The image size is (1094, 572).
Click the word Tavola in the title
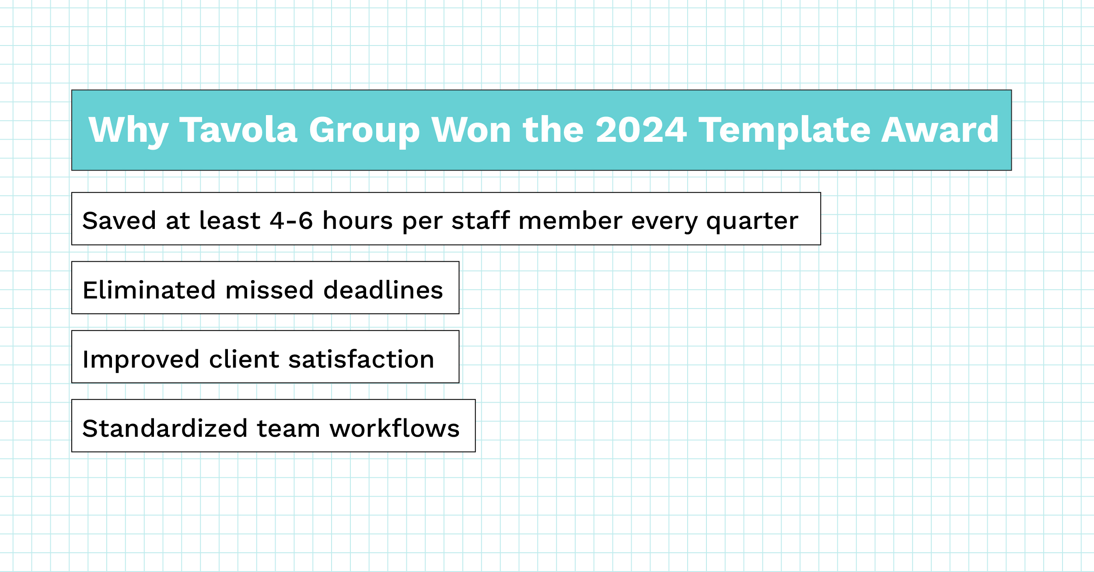238,130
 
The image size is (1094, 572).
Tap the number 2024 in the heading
641,130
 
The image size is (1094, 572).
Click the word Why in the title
128,130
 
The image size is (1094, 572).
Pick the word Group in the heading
364,130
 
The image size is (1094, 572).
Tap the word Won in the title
471,130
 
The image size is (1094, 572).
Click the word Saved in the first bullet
119,221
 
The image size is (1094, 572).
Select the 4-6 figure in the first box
291,221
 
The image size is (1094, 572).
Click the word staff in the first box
480,221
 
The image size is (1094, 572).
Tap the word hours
357,221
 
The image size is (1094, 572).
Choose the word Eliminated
149,290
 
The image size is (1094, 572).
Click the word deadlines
383,290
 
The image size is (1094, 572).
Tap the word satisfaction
361,359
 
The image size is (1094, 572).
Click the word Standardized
165,428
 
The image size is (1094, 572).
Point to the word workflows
394,428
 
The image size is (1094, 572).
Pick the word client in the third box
244,359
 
